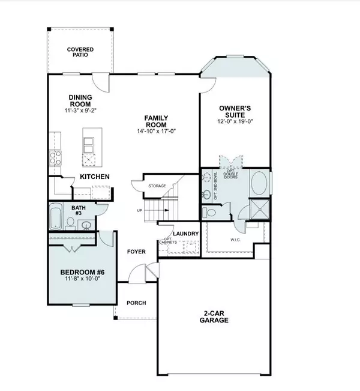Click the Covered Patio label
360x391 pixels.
[80, 52]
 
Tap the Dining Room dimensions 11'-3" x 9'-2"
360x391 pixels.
[80, 111]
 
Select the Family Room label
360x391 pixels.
[156, 121]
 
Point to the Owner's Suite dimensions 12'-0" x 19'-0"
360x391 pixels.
[235, 121]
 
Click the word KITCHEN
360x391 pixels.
[95, 177]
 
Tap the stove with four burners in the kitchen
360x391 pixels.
[55, 158]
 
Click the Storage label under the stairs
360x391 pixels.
[157, 186]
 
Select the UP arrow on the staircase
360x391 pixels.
[166, 210]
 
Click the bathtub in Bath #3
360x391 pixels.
[56, 216]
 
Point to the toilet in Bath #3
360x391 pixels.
[71, 223]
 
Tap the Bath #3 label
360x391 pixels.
[79, 210]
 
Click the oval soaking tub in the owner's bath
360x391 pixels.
[259, 183]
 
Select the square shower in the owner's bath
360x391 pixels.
[260, 209]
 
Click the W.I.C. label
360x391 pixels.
[235, 240]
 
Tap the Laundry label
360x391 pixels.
[185, 234]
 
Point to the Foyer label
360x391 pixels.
[136, 252]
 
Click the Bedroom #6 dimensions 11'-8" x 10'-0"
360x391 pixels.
[82, 279]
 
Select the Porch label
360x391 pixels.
[136, 303]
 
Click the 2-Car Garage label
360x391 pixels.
[214, 317]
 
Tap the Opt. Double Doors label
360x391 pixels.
[230, 174]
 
